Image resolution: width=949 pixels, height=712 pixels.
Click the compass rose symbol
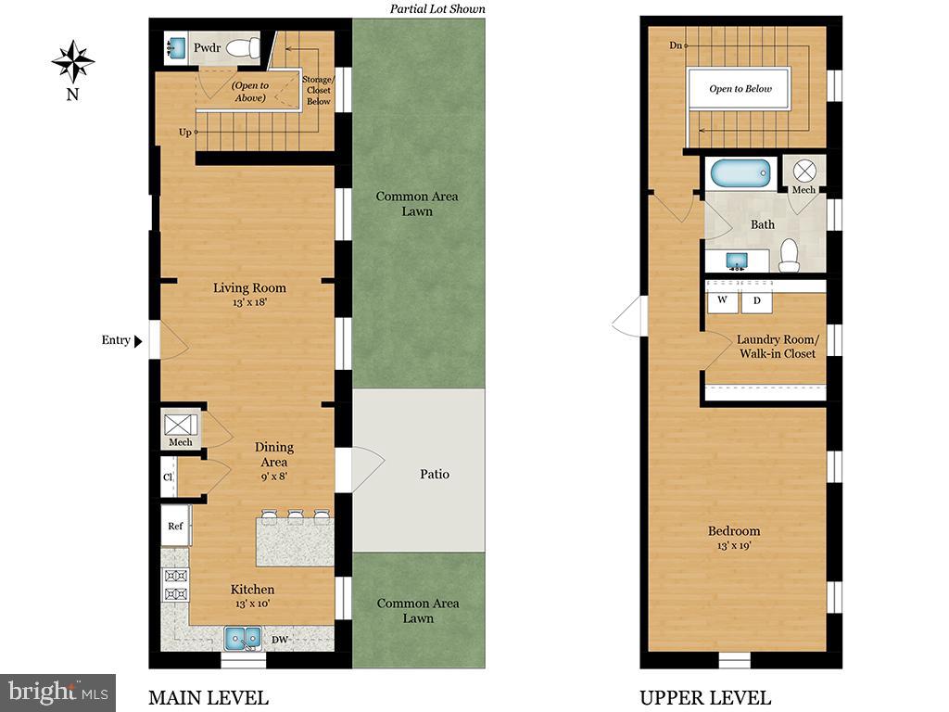click(72, 62)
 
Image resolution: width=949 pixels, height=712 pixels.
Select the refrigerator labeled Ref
click(175, 526)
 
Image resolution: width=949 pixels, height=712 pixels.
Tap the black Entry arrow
click(139, 341)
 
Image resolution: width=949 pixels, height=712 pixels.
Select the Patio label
click(434, 474)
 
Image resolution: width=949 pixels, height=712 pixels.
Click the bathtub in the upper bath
click(740, 174)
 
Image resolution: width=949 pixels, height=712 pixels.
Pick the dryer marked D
click(755, 301)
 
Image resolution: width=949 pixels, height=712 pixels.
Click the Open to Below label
click(740, 89)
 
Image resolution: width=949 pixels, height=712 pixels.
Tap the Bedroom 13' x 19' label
click(734, 538)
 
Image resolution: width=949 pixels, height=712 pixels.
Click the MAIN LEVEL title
click(209, 698)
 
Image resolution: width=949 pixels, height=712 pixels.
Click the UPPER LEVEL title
click(704, 698)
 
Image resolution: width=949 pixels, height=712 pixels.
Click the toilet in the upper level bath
click(789, 255)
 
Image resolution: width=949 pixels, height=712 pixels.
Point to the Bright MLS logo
click(57, 692)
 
